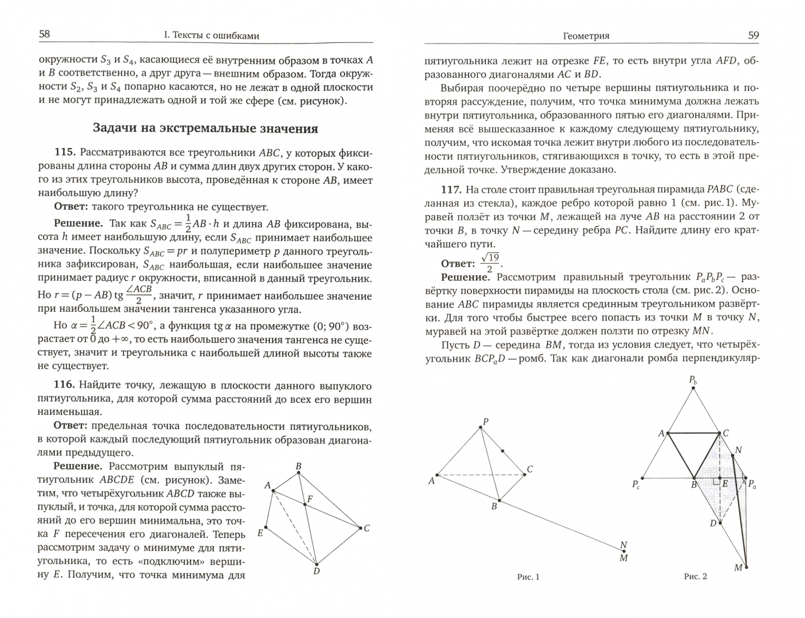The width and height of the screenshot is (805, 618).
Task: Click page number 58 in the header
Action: coord(44,34)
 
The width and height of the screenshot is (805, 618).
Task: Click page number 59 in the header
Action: coord(754,35)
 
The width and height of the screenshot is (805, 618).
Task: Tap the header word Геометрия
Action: coord(586,36)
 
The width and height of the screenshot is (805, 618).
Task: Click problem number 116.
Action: coord(65,385)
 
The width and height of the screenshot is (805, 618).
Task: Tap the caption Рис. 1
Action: coord(528,577)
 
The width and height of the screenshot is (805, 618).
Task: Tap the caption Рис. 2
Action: coord(695,576)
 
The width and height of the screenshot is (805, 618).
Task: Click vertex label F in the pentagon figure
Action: coord(310,499)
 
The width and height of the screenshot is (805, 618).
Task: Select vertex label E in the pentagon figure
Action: coord(260,533)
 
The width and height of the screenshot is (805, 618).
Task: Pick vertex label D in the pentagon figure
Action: coord(316,571)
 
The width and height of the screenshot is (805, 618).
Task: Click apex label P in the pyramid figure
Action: coord(485,422)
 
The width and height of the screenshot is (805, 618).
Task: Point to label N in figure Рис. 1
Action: coord(624,545)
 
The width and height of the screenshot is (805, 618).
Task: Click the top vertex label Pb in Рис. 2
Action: coord(693,380)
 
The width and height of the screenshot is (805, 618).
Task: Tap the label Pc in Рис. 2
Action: coord(636,485)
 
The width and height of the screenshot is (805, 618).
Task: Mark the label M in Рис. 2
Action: coord(738,568)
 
